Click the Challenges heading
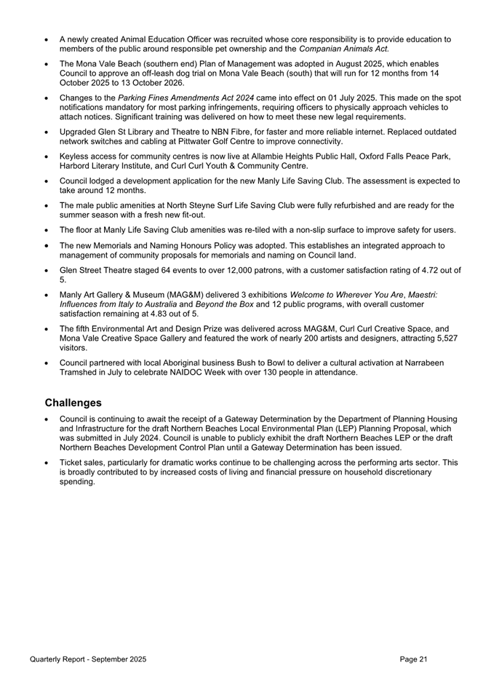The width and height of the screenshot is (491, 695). (x=73, y=402)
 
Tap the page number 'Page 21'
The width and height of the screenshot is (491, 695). (x=413, y=659)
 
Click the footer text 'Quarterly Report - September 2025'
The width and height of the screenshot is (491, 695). (x=88, y=659)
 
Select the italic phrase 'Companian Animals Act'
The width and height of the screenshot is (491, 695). (x=343, y=49)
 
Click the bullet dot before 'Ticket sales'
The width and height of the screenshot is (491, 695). (x=47, y=463)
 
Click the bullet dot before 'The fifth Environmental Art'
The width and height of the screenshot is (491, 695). (x=47, y=328)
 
